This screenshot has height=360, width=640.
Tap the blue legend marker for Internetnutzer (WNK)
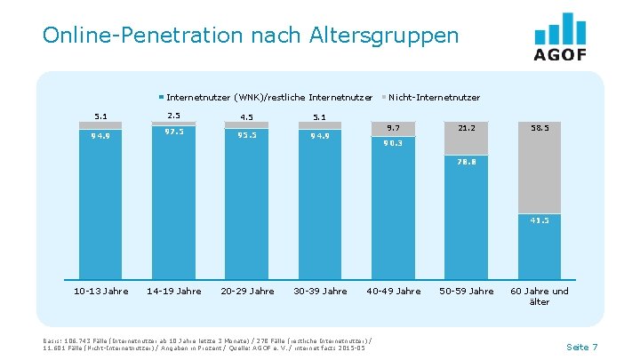tap(161, 97)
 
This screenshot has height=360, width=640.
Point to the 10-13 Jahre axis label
tap(100, 291)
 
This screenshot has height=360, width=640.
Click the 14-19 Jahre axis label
tap(173, 291)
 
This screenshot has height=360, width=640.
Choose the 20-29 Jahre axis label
tap(247, 291)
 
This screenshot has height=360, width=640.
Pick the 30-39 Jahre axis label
tap(320, 291)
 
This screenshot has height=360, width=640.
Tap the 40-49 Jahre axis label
tap(393, 291)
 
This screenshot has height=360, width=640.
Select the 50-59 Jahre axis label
tap(466, 291)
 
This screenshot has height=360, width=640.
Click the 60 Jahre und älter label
tap(539, 296)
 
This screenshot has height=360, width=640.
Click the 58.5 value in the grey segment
tap(540, 128)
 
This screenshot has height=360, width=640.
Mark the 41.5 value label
tap(540, 220)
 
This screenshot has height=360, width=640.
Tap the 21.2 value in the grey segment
tap(467, 128)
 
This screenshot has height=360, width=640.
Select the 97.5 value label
tap(174, 132)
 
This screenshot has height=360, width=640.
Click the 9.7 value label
tap(393, 128)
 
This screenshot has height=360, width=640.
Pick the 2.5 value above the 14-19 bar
tap(174, 116)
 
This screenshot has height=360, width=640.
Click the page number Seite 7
tap(581, 346)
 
